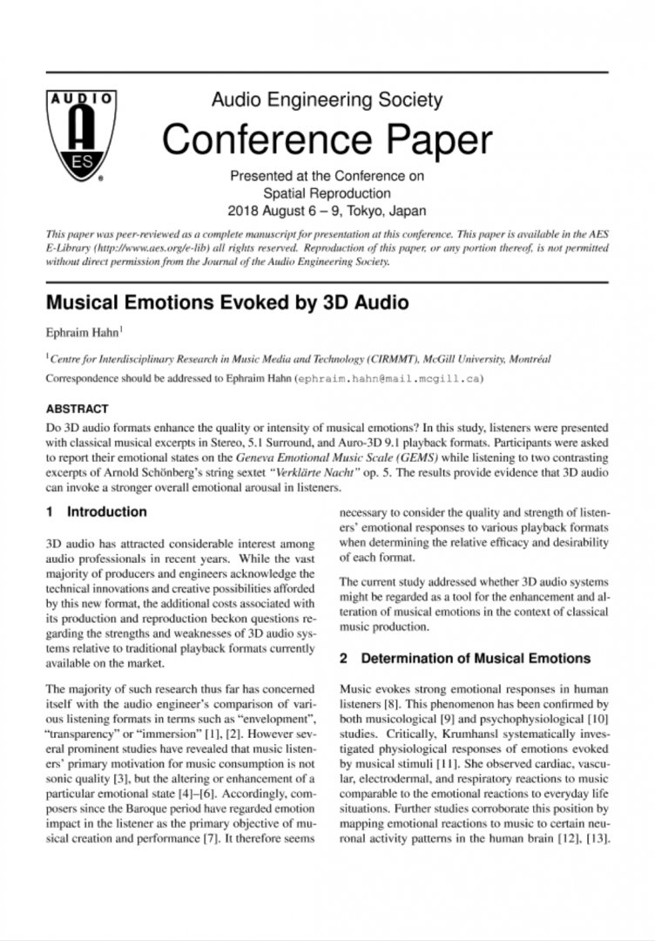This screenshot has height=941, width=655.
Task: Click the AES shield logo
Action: click(x=76, y=134)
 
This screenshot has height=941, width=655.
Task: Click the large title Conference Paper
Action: click(x=327, y=139)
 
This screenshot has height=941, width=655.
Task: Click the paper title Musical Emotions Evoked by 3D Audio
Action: click(x=226, y=303)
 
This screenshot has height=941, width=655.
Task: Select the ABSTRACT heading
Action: click(x=77, y=408)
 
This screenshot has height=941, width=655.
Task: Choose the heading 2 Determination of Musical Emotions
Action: click(x=464, y=658)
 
